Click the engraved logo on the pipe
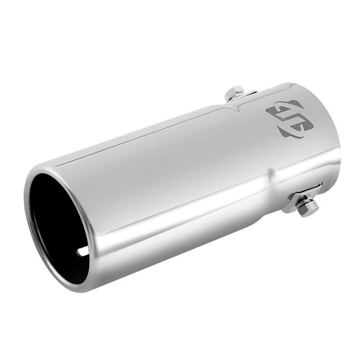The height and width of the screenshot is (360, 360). [289, 119]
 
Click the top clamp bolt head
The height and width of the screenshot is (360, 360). [234, 93]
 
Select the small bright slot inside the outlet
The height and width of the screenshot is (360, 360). [82, 251]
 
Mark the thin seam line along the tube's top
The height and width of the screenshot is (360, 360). [144, 133]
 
